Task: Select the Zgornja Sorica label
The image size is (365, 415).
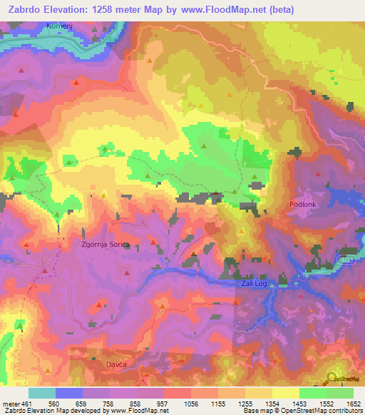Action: tap(105, 245)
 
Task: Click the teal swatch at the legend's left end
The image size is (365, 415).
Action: tap(42, 393)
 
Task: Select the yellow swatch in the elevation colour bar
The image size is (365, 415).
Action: tap(286, 393)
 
